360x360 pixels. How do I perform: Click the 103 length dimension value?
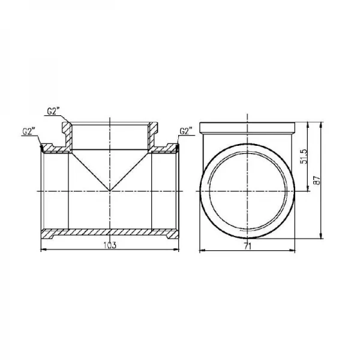click(x=110, y=245)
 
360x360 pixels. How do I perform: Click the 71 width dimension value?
click(x=247, y=247)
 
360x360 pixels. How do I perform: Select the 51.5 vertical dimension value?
click(x=304, y=157)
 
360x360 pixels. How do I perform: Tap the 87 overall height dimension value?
click(x=317, y=180)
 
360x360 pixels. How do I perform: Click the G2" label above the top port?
click(x=53, y=111)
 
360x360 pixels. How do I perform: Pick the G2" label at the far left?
click(x=28, y=131)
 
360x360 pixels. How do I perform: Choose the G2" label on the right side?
click(x=186, y=131)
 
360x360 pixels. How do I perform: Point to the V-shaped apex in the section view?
click(x=110, y=191)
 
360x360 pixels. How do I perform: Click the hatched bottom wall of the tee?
click(x=110, y=233)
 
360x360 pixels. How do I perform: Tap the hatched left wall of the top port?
click(x=68, y=136)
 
